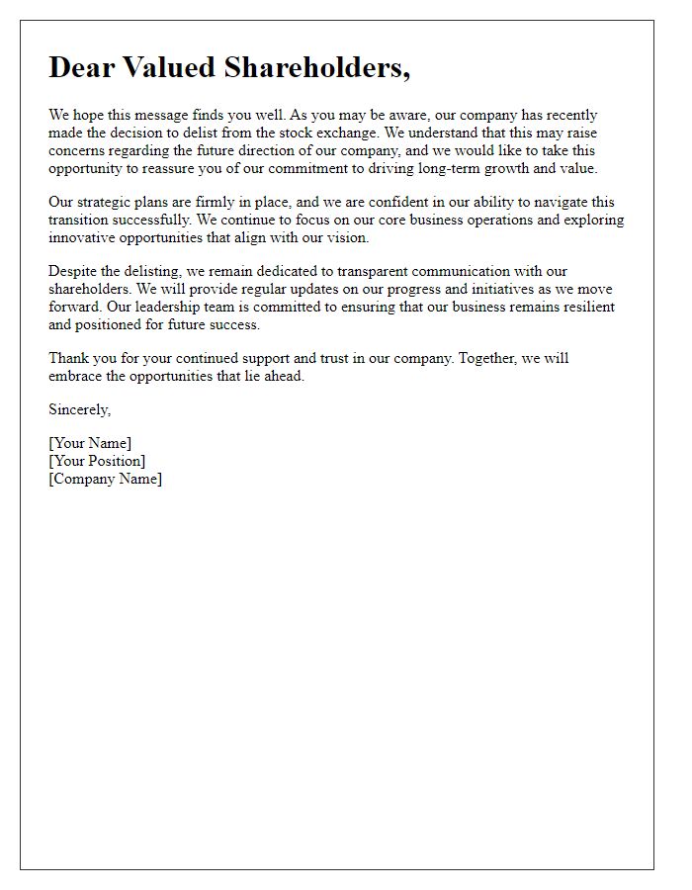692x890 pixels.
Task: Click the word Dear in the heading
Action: pyautogui.click(x=84, y=67)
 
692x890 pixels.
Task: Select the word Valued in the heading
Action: pyautogui.click(x=171, y=67)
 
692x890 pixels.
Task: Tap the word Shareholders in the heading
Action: pyautogui.click(x=315, y=67)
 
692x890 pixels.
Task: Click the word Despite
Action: pyautogui.click(x=74, y=271)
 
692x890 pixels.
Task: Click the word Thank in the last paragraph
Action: pyautogui.click(x=69, y=358)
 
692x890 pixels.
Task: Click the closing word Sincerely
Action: pyautogui.click(x=79, y=409)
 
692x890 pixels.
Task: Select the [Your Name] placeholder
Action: pyautogui.click(x=90, y=443)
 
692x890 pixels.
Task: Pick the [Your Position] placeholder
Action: pyautogui.click(x=97, y=461)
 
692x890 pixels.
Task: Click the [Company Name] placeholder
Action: pyautogui.click(x=106, y=479)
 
